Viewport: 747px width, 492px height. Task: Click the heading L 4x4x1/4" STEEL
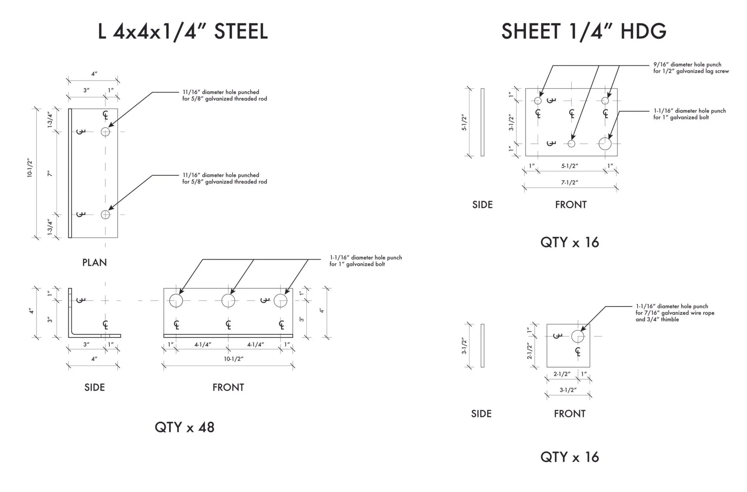pyautogui.click(x=183, y=32)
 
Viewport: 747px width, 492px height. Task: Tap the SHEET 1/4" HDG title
pyautogui.click(x=583, y=32)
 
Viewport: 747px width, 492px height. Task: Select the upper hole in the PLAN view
pyautogui.click(x=105, y=132)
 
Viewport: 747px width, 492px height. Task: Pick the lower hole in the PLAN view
pyautogui.click(x=105, y=214)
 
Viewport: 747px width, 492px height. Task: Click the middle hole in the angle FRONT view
pyautogui.click(x=228, y=301)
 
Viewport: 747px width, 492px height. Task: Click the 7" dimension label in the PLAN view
pyautogui.click(x=50, y=173)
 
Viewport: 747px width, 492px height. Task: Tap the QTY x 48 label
pyautogui.click(x=184, y=427)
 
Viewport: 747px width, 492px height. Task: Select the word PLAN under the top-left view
pyautogui.click(x=95, y=263)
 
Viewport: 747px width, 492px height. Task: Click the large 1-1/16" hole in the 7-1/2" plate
pyautogui.click(x=605, y=144)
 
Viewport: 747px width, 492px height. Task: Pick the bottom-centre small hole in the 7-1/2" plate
pyautogui.click(x=571, y=144)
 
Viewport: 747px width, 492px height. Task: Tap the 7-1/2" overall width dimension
pyautogui.click(x=570, y=182)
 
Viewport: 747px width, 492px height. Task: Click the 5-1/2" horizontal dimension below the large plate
pyautogui.click(x=570, y=166)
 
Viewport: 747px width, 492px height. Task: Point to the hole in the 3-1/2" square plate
pyautogui.click(x=578, y=336)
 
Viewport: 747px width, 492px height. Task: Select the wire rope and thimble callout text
pyautogui.click(x=675, y=313)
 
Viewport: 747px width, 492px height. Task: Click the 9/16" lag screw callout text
pyautogui.click(x=691, y=68)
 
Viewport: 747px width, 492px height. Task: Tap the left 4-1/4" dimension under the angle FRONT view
pyautogui.click(x=203, y=344)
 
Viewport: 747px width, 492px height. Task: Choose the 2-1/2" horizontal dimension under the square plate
pyautogui.click(x=562, y=374)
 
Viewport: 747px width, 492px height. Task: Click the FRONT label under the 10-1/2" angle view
pyautogui.click(x=228, y=387)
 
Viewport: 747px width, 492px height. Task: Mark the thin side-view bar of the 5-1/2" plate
pyautogui.click(x=482, y=122)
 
